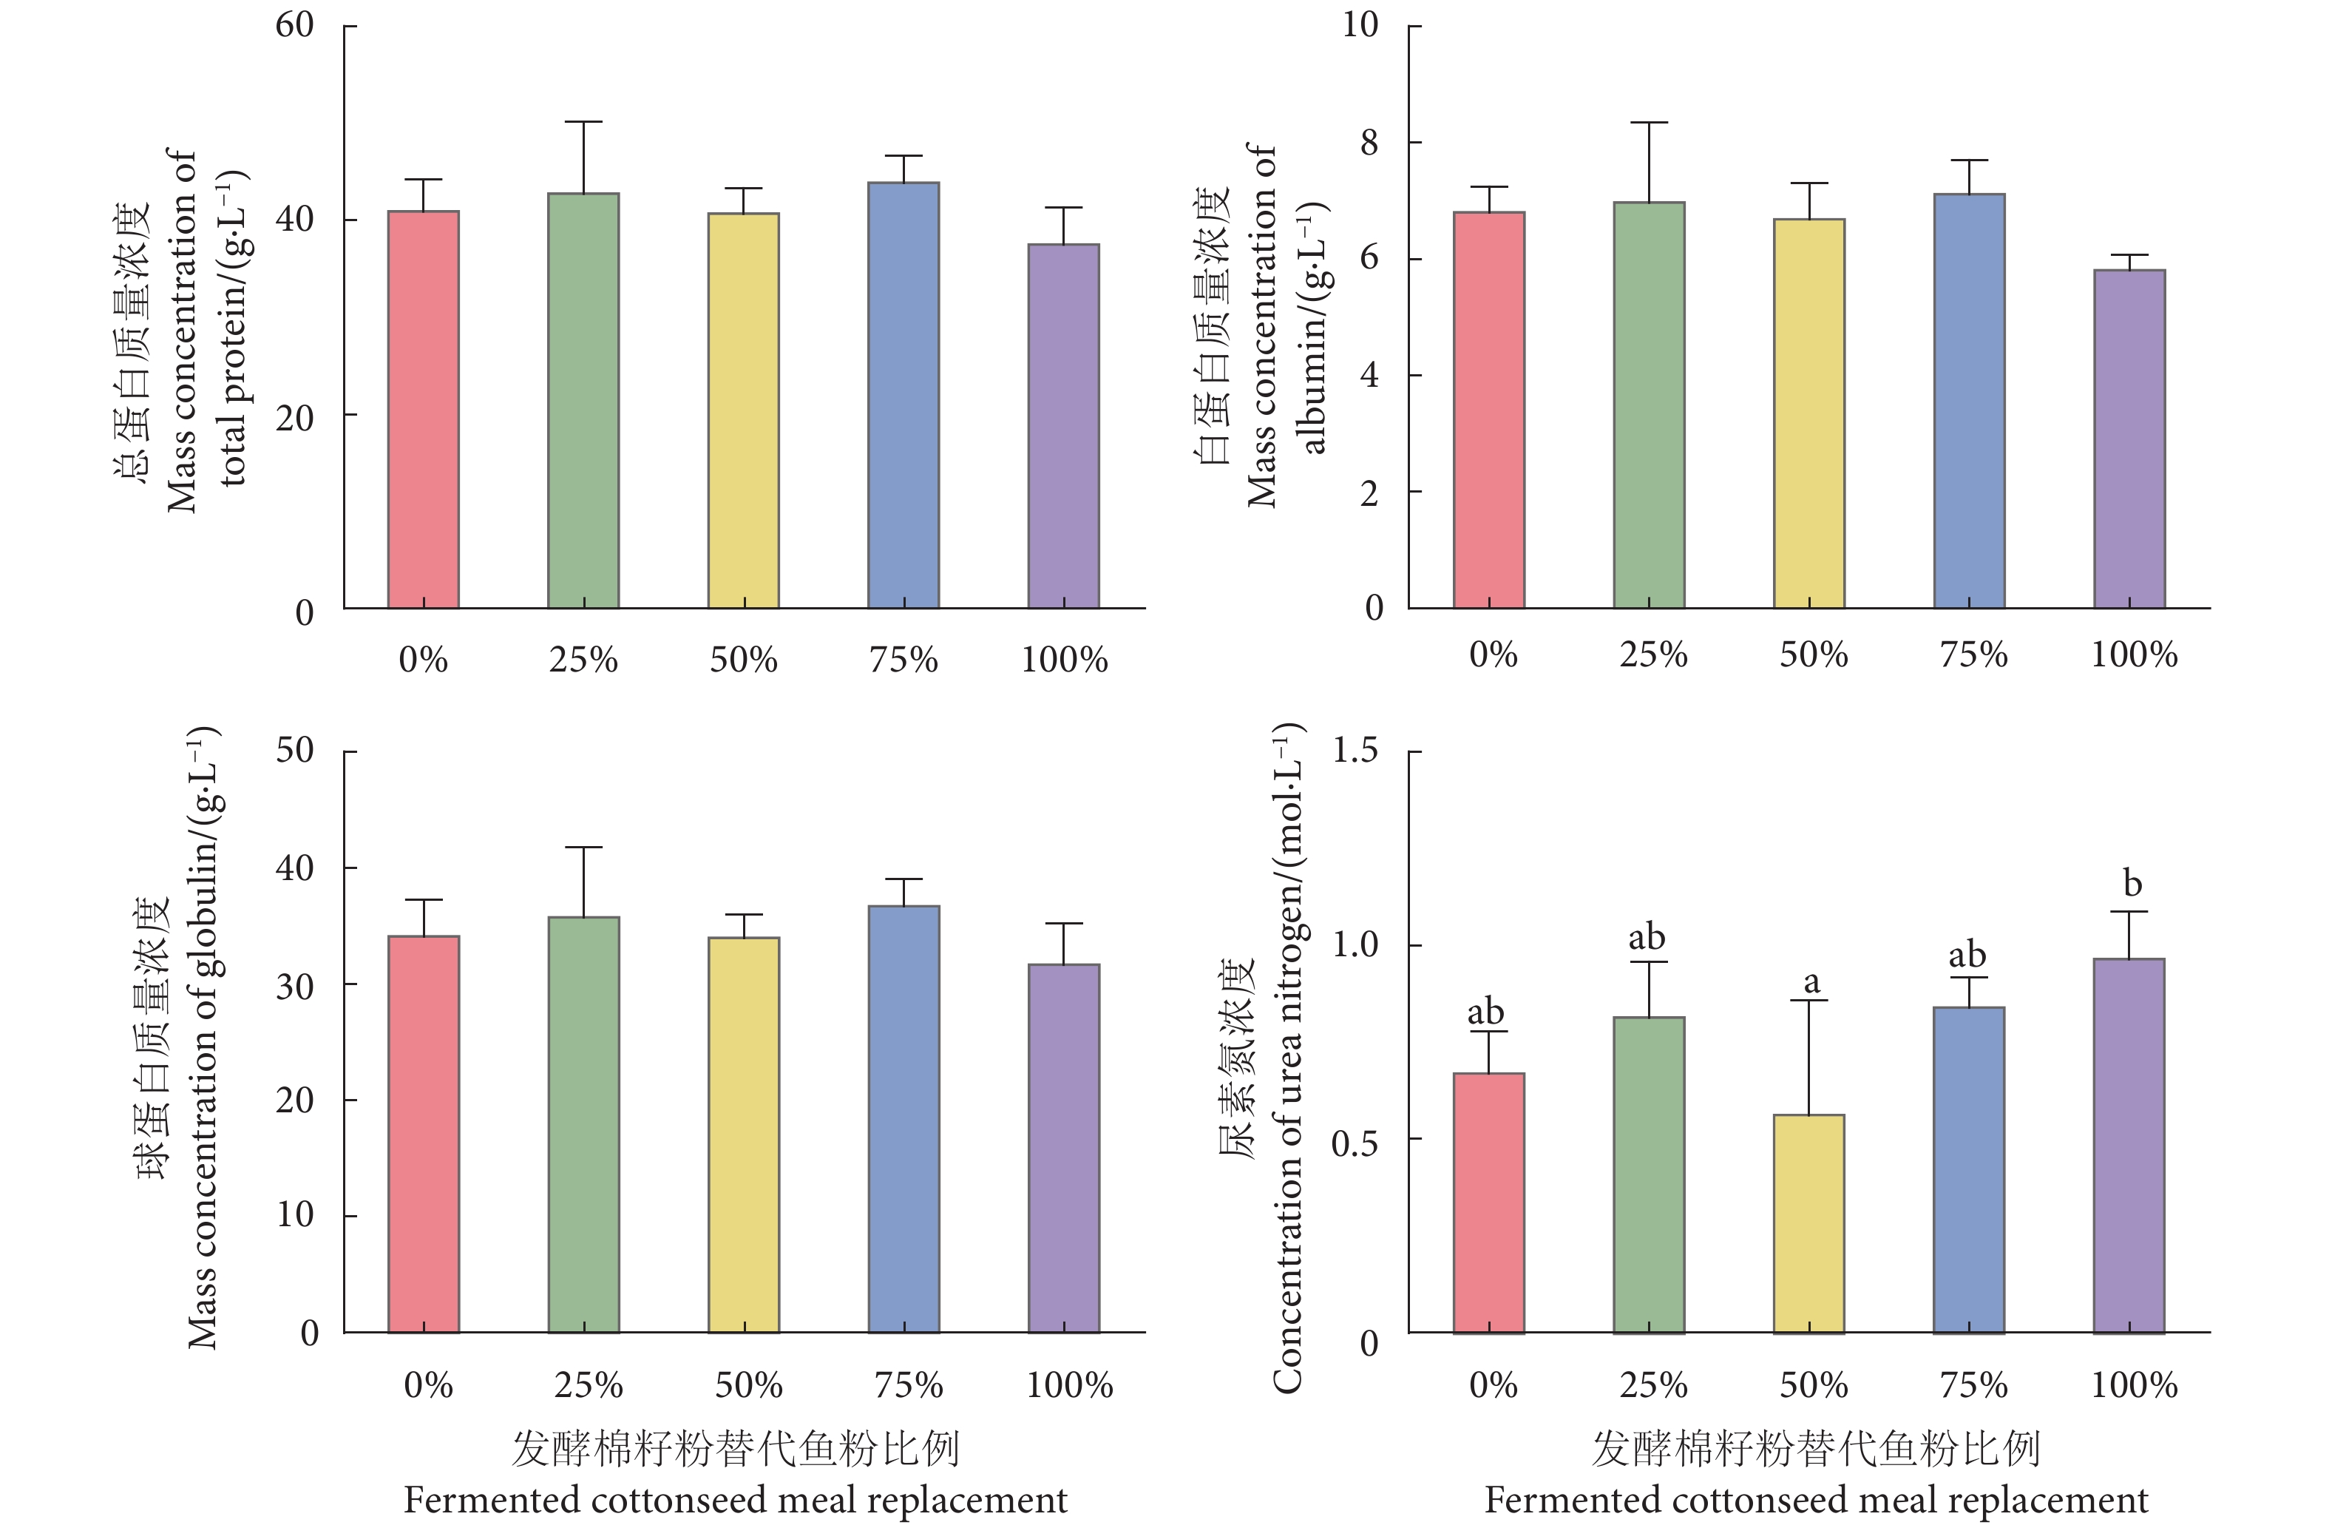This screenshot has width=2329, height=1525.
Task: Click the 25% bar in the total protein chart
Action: (583, 402)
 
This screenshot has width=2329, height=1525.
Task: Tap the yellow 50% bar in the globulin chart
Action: (744, 1135)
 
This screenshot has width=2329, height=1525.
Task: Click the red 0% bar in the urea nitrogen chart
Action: (1488, 1203)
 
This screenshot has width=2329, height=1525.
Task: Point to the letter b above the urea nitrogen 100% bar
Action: (2132, 884)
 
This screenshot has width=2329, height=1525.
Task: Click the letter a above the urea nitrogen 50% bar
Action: (1811, 981)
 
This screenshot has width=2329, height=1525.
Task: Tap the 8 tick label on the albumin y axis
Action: (1368, 143)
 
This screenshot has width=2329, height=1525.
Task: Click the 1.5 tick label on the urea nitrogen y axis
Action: (1355, 751)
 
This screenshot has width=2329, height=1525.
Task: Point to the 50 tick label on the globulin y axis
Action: (294, 751)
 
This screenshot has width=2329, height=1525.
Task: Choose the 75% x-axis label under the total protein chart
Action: (904, 660)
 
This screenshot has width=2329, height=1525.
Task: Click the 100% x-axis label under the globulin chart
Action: (1070, 1385)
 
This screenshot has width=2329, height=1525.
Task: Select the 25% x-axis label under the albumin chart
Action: (1652, 654)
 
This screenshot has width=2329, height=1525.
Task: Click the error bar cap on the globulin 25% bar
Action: (583, 847)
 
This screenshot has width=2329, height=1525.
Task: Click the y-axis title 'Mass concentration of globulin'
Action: (203, 1038)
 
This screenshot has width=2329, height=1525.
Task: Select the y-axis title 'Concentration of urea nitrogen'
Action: (1288, 1057)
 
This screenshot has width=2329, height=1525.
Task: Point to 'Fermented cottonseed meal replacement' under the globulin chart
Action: (736, 1500)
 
